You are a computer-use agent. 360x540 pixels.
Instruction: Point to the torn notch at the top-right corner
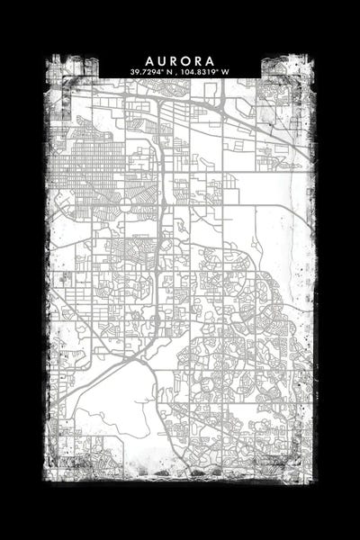[x=283, y=65]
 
